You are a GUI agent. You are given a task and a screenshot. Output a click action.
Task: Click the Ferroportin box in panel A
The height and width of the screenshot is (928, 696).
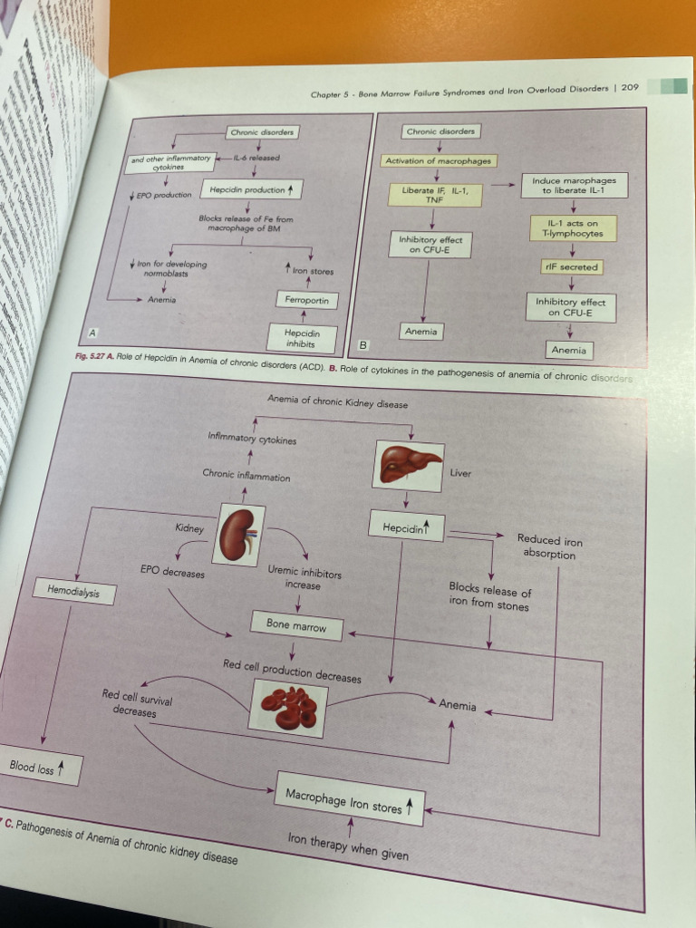(306, 299)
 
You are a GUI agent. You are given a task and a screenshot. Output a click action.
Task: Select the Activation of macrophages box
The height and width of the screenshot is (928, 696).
(439, 160)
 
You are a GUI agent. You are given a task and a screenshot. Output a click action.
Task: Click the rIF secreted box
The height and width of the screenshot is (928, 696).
(573, 267)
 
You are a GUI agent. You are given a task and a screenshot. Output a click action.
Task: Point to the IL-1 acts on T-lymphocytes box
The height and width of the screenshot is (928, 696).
(573, 228)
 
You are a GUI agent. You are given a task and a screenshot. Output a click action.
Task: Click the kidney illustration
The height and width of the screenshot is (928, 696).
(238, 534)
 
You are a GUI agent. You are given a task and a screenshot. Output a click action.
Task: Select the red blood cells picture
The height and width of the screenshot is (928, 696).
(288, 707)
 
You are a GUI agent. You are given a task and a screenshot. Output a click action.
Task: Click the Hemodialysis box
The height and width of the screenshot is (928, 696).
(74, 592)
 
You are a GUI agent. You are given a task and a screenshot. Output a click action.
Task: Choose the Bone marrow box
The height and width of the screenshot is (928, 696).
(296, 625)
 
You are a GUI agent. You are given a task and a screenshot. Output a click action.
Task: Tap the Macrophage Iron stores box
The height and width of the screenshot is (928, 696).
(350, 800)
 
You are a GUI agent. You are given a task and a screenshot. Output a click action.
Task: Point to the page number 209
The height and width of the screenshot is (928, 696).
(631, 88)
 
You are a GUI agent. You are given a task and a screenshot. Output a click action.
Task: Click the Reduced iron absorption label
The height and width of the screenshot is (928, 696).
(549, 547)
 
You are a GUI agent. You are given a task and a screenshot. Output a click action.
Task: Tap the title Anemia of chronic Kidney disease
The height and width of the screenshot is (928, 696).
(337, 399)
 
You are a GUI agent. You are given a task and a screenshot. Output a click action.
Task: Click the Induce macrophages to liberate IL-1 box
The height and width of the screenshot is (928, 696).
(573, 186)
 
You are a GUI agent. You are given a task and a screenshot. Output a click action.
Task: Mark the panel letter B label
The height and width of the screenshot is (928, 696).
(363, 344)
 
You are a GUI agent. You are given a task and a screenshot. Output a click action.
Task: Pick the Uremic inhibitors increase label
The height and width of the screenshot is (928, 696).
(304, 578)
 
